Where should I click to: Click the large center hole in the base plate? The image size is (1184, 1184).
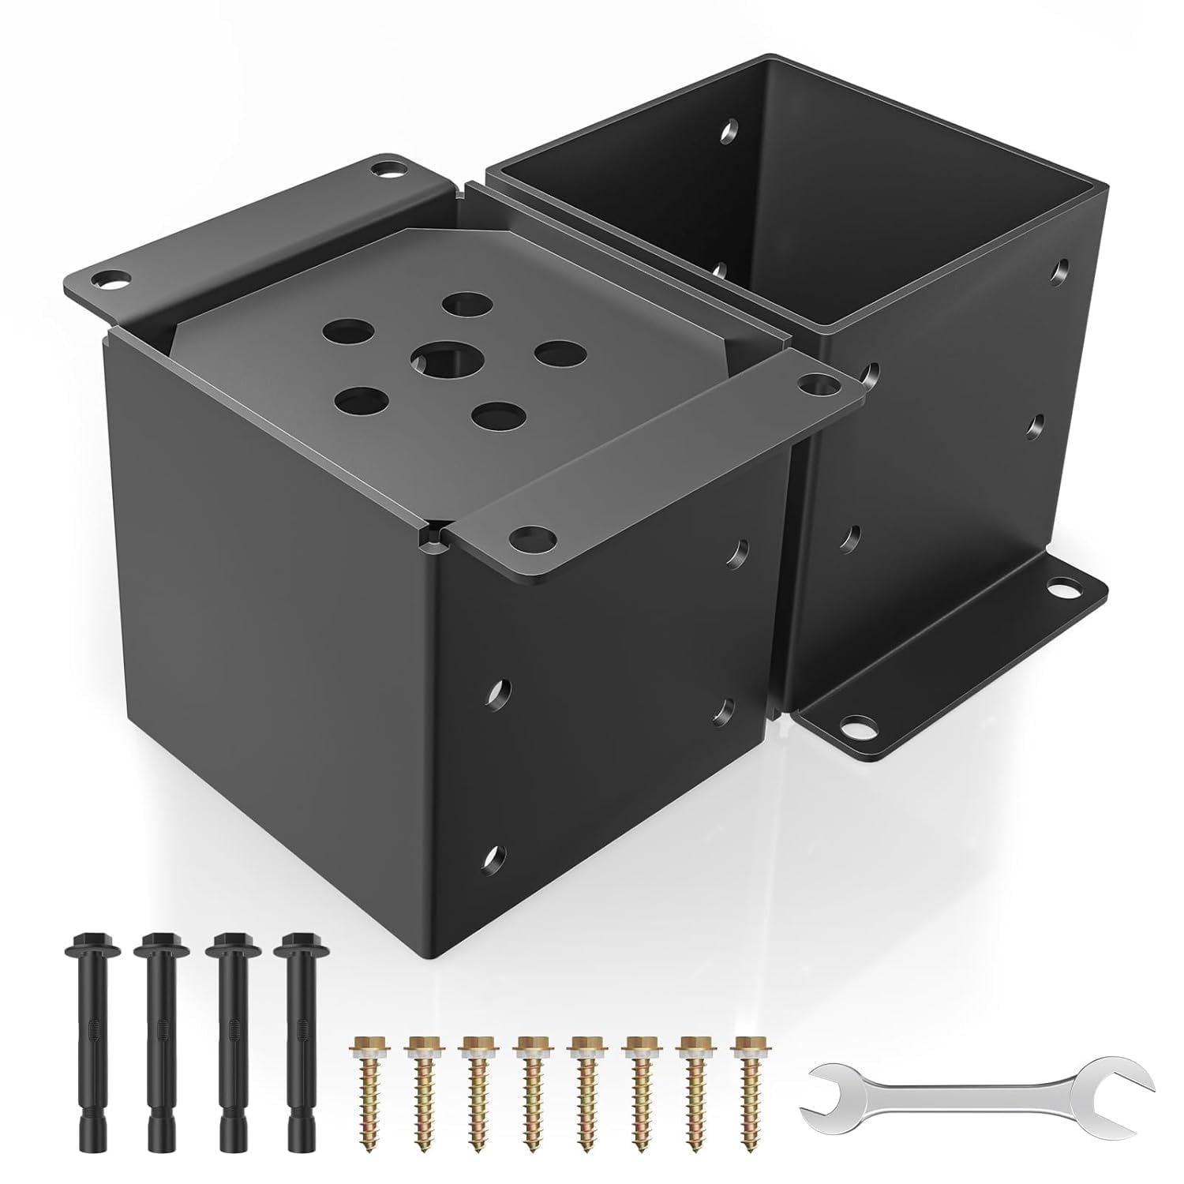[439, 361]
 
